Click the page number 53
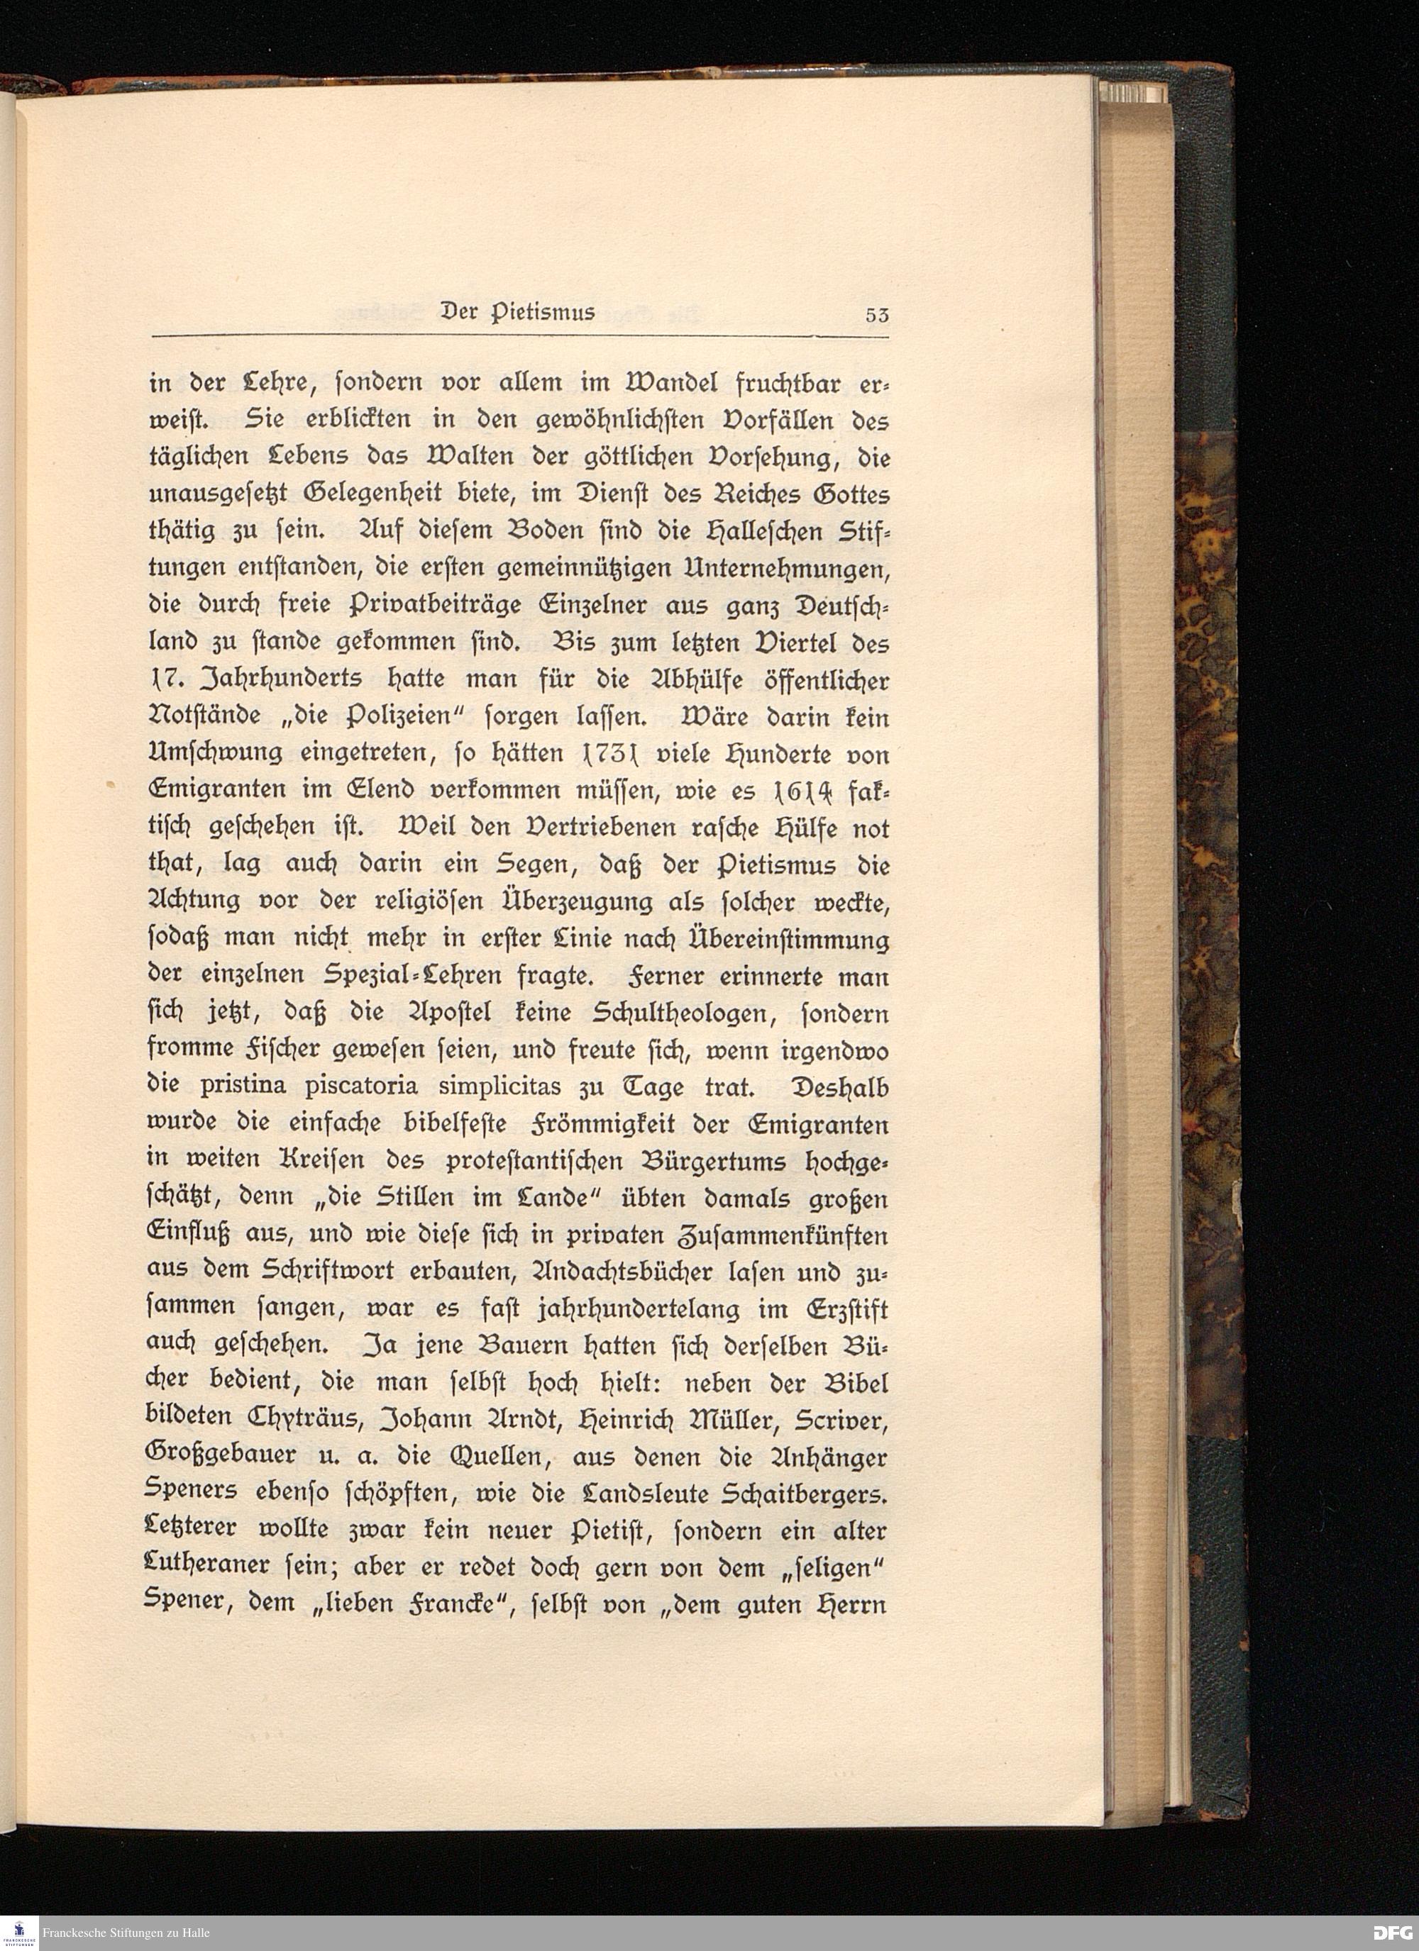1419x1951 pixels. [877, 315]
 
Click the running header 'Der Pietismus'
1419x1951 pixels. [517, 312]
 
